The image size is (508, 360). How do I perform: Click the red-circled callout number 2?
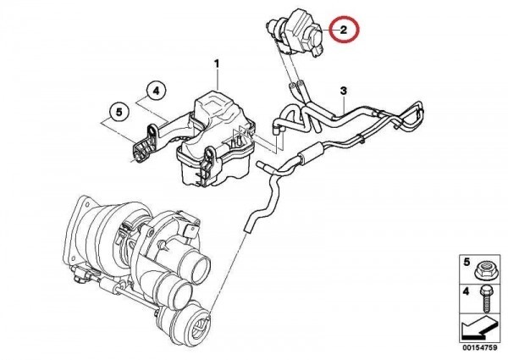pos(344,30)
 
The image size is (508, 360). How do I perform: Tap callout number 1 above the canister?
pos(216,64)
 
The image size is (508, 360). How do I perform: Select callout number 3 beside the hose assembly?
pos(344,90)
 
